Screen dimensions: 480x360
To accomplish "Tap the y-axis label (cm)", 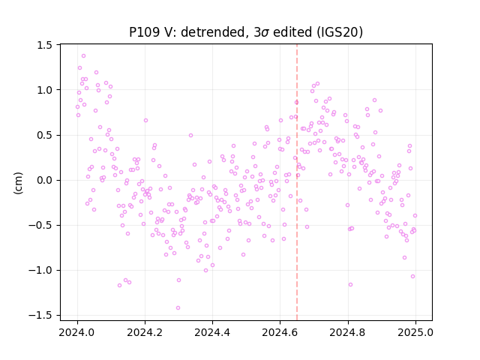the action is coord(18,183).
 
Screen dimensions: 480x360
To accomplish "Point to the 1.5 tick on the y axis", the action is coord(45,45).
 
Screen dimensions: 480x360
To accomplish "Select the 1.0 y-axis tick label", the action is coord(45,90).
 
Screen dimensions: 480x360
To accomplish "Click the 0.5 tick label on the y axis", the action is coord(45,135).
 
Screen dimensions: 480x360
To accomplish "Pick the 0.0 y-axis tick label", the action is coord(45,180).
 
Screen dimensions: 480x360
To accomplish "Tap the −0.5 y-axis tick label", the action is coord(40,225).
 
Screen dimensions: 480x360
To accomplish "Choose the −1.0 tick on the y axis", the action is coord(40,271).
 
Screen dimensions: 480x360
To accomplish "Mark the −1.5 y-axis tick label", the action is coord(40,316).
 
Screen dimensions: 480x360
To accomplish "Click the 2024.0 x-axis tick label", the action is coord(77,332).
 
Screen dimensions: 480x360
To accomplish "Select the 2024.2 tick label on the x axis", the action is coord(145,332).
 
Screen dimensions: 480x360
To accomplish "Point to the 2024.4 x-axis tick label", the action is coord(212,332).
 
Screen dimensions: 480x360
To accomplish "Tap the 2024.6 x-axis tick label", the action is coord(280,332).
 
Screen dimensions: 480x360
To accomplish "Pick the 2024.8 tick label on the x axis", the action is coord(348,332).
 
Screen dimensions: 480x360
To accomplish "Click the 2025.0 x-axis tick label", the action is coord(415,332).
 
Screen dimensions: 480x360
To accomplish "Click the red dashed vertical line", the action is coord(297,182).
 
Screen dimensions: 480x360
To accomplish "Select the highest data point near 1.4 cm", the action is coord(83,56).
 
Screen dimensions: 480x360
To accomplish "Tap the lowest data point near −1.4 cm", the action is coord(178,308).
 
